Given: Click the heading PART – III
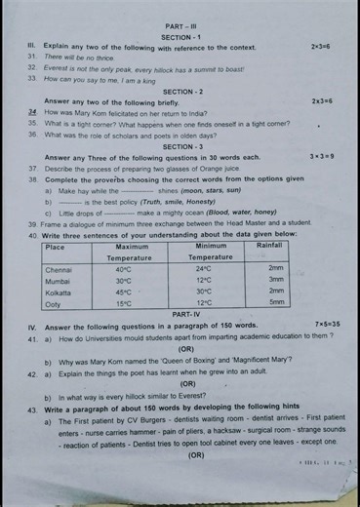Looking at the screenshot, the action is tap(180, 26).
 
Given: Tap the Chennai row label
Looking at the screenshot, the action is tap(60, 269).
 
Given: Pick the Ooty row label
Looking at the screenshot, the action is tap(54, 303).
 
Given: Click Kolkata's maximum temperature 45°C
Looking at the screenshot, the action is tap(124, 292).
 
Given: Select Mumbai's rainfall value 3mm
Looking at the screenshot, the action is tap(276, 280).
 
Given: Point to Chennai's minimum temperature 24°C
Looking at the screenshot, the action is tap(204, 269).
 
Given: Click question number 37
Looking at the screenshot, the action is tap(33, 168).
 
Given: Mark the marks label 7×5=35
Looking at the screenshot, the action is tap(327, 324).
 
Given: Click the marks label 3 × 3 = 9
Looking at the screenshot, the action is tap(322, 156).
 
